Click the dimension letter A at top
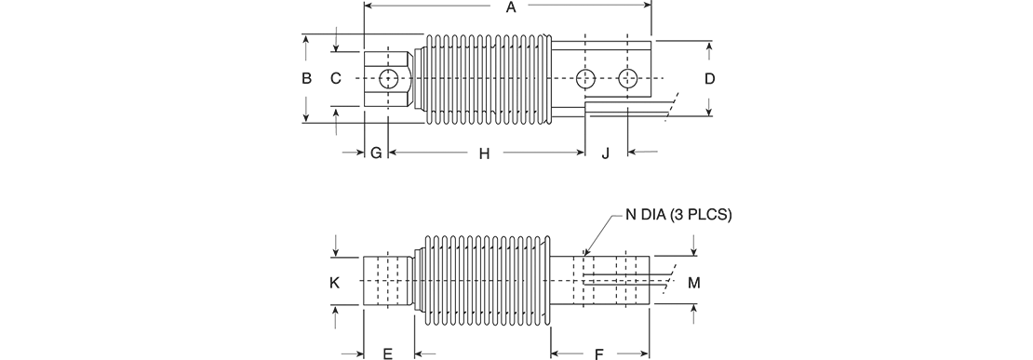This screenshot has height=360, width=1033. click(510, 7)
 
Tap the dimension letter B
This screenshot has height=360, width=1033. click(306, 78)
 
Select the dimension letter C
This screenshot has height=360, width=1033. click(336, 78)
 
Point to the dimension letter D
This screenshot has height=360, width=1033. click(709, 78)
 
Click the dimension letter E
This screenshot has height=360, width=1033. click(388, 354)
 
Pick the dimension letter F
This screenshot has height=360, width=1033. click(598, 354)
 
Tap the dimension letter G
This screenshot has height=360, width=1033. click(376, 153)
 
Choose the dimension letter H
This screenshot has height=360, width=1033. click(484, 153)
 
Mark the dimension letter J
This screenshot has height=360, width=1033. click(606, 153)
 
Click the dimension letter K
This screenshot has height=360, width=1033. click(335, 283)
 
